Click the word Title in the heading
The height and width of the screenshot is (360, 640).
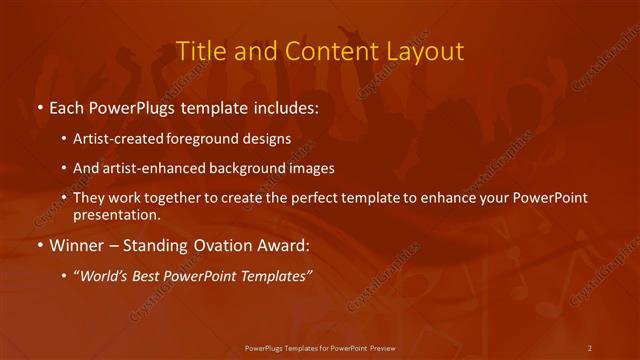(x=199, y=51)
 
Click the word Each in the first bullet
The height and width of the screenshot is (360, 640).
(x=67, y=105)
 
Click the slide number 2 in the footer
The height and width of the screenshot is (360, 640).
(x=590, y=347)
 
